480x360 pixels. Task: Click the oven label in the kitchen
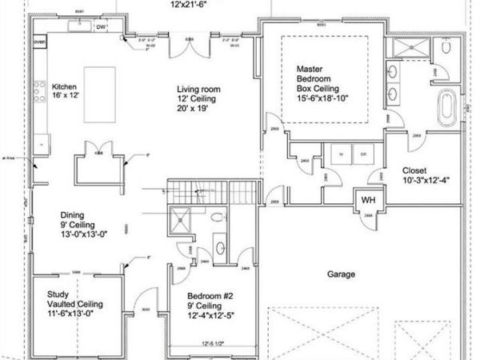point(39,40)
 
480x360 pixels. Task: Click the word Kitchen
point(65,86)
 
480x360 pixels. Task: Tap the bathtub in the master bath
point(447,106)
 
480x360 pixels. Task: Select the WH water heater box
point(368,200)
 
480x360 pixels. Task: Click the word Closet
point(414,170)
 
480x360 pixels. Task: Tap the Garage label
point(341,274)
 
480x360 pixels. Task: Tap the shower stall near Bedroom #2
point(182,218)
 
